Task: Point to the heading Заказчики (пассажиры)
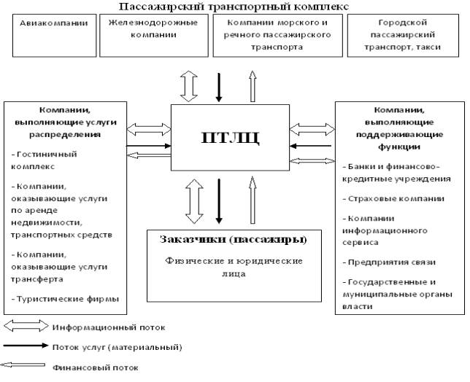click(233, 239)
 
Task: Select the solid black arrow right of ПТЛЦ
click(312, 146)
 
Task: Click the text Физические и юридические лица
click(234, 267)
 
